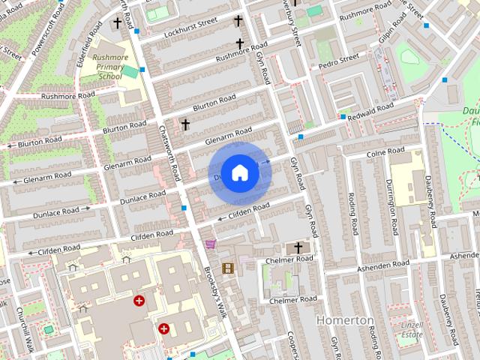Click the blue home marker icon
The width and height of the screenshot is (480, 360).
click(239, 172)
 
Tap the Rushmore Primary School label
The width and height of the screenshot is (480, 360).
click(109, 66)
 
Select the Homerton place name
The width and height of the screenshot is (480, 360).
click(345, 319)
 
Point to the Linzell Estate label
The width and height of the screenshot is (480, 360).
click(412, 329)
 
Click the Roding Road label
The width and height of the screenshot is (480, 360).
click(352, 213)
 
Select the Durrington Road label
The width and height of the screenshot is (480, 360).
click(391, 206)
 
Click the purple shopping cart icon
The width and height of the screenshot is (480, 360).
click(210, 244)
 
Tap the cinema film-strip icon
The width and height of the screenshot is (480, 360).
click(227, 268)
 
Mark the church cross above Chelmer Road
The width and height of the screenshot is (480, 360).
click(298, 247)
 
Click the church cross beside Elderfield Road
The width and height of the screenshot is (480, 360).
click(117, 23)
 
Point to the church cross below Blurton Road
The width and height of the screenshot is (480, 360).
click(185, 124)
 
